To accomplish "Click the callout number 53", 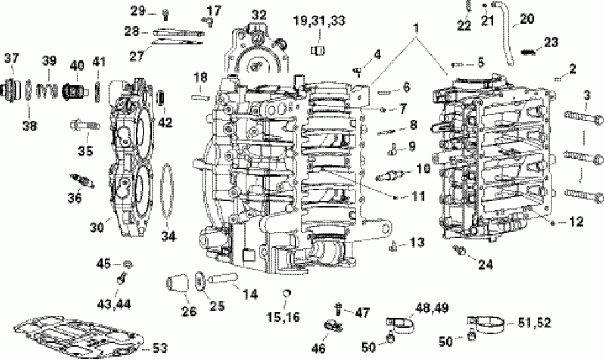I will [159, 348].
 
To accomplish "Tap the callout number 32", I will [258, 15].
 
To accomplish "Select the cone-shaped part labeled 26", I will [176, 282].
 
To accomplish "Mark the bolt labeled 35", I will [83, 124].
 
